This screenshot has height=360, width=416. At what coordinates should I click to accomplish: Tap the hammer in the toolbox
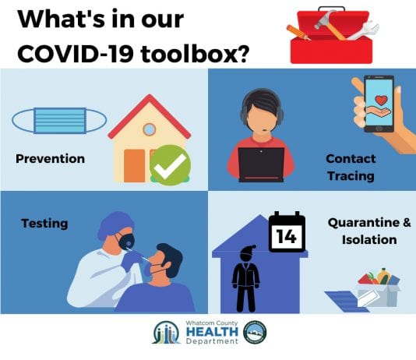point(330,25)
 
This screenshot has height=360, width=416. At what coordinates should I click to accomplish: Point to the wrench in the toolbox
point(364,30)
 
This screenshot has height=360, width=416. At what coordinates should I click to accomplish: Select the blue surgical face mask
point(59,121)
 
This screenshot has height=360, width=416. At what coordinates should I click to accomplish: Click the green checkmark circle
point(171,165)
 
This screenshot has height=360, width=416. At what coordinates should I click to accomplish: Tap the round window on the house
point(149,129)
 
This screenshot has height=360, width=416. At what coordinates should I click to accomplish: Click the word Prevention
point(50,159)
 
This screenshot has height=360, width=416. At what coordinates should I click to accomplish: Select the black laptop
point(261,164)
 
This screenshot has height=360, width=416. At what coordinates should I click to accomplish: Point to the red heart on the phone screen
point(381,101)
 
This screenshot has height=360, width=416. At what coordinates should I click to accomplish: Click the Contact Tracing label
point(351,168)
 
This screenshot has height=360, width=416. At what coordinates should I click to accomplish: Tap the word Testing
point(44,224)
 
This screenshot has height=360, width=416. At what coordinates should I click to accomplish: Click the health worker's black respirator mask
point(126,242)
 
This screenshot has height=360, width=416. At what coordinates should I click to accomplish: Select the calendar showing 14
point(287,232)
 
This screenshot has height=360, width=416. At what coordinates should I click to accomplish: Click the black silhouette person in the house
point(245,278)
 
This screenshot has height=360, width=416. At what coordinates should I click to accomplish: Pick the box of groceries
point(378,288)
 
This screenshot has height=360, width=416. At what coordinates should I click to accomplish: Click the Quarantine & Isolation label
point(369,231)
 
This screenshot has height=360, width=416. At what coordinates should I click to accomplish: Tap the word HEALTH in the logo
point(212,332)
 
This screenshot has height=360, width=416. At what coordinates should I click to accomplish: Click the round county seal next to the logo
point(255,332)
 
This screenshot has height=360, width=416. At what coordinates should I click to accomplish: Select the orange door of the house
point(135,166)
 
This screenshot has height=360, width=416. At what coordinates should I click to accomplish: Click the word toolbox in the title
point(195,54)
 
